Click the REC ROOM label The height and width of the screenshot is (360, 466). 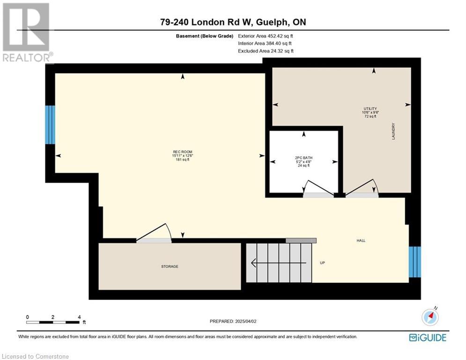tap(183, 152)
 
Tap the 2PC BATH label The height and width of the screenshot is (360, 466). tap(304, 158)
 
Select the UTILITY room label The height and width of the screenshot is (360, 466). tap(370, 109)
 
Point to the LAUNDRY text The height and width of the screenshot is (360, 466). tap(393, 131)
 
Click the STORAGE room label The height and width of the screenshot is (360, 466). tap(170, 267)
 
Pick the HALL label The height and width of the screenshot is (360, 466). tap(361, 240)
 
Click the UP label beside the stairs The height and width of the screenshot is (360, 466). tap(323, 263)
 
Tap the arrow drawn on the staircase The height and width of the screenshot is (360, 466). tap(279, 263)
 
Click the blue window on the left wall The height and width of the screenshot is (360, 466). tap(50, 125)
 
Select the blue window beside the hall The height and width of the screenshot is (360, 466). tap(415, 262)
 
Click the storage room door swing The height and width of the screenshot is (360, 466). tap(154, 233)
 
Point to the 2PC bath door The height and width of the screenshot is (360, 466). tap(318, 188)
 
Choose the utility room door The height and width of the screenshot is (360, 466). tap(362, 188)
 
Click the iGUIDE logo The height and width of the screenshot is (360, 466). tap(428, 337)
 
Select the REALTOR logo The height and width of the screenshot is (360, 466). tap(27, 32)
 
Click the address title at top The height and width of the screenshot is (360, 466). tap(233, 22)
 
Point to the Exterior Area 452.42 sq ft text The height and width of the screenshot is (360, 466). tap(266, 36)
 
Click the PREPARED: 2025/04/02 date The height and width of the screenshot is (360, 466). tap(233, 321)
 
